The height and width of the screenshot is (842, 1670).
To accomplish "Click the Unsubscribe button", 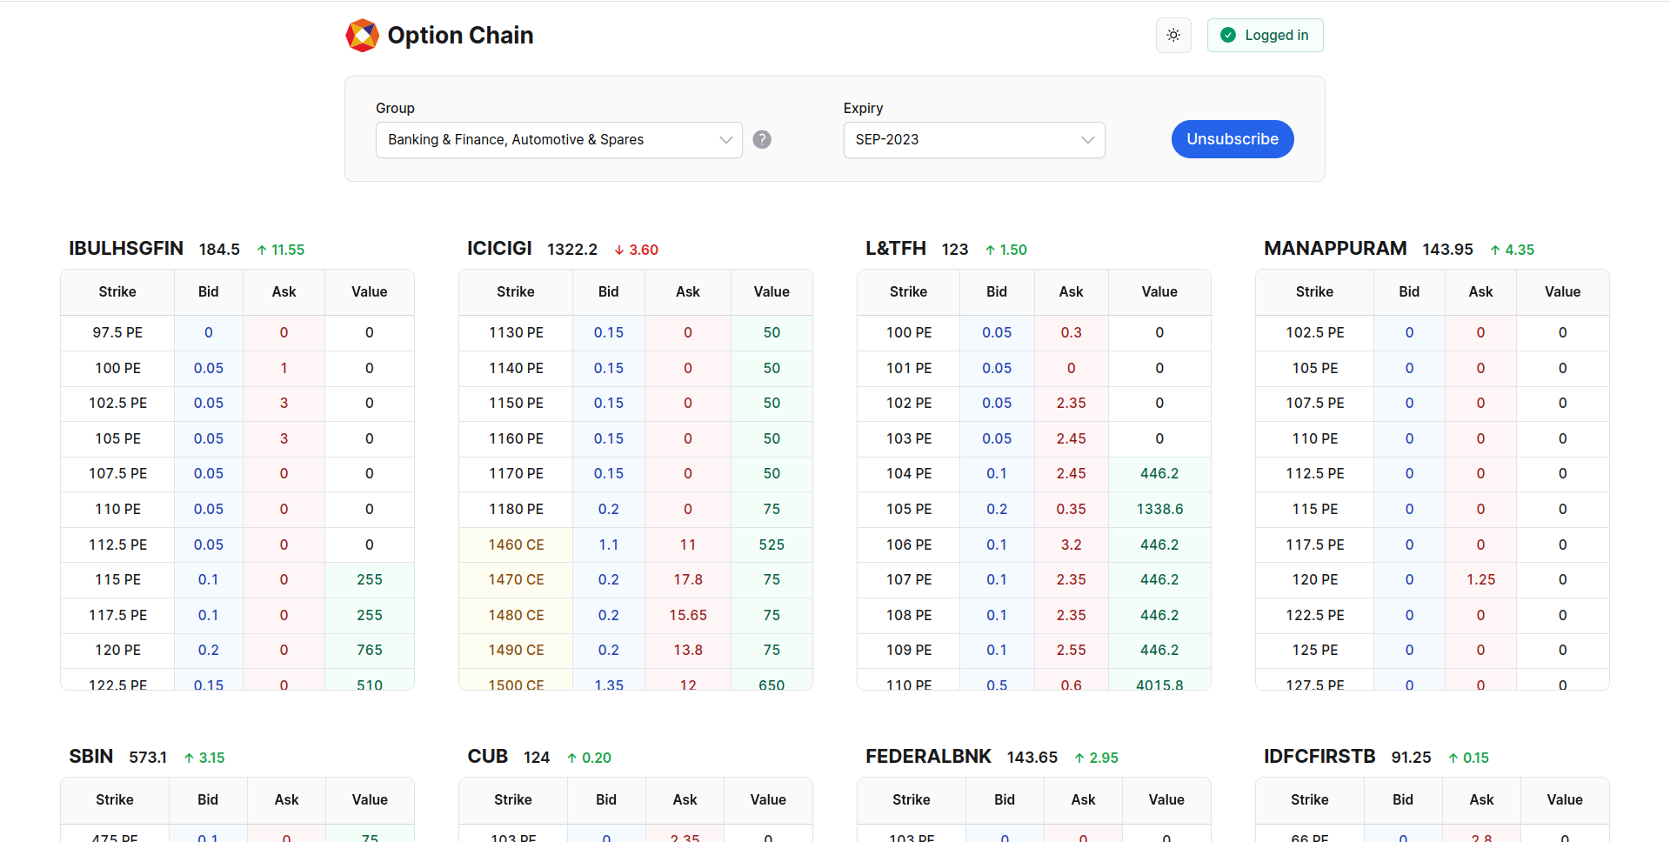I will (1232, 139).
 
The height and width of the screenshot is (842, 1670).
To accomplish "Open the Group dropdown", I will (558, 140).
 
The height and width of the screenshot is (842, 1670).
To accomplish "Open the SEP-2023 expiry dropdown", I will (973, 140).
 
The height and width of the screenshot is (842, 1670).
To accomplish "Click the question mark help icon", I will (762, 139).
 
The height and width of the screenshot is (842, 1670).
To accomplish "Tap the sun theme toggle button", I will (1173, 36).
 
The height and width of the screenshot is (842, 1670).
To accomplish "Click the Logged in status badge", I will (1265, 36).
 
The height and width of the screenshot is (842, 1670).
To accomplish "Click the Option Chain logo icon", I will (362, 36).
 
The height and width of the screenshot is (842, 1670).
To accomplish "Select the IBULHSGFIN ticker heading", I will (126, 249).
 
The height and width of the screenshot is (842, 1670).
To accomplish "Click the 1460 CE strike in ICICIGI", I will (516, 545).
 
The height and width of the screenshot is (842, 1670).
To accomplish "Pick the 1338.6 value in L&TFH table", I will (1159, 509).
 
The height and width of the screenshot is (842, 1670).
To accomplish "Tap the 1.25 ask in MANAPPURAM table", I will (1480, 579).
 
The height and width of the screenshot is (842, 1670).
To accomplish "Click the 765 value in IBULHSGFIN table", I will (370, 650).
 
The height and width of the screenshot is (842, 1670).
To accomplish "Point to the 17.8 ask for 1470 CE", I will (687, 579).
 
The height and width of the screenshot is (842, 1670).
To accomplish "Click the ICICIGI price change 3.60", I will (637, 250).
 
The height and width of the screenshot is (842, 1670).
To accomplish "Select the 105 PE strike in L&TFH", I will (908, 509).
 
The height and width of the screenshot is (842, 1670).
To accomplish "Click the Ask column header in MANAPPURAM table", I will (1480, 292).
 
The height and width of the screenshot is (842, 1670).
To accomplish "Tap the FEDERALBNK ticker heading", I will (928, 757).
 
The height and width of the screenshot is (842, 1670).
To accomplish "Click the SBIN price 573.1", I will (148, 758).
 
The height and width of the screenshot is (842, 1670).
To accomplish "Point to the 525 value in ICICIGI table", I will (772, 545).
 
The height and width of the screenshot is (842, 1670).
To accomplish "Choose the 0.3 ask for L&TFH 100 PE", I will (1071, 332).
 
